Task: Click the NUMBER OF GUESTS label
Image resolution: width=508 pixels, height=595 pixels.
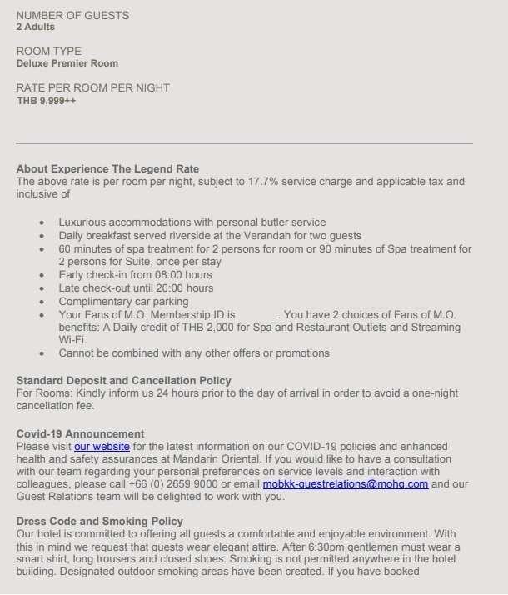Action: click(x=72, y=16)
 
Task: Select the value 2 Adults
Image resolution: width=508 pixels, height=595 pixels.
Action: click(x=36, y=27)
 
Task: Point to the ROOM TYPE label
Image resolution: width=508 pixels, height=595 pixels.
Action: click(x=49, y=52)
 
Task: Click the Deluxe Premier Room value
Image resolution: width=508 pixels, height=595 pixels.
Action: click(x=67, y=63)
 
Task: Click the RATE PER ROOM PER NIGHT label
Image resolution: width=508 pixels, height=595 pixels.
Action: click(x=93, y=88)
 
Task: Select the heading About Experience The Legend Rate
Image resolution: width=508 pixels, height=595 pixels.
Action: click(x=107, y=169)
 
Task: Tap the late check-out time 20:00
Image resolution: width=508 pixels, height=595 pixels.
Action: click(x=159, y=287)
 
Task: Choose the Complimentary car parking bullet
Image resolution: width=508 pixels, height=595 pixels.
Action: click(x=123, y=301)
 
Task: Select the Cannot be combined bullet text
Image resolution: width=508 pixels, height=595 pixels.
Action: click(x=193, y=352)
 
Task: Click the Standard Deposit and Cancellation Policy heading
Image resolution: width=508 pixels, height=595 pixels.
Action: click(x=124, y=381)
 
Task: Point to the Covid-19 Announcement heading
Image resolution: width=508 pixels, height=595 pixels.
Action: click(x=80, y=433)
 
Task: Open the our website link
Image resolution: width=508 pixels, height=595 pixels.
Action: click(x=102, y=446)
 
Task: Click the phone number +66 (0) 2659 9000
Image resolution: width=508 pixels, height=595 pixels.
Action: click(x=194, y=483)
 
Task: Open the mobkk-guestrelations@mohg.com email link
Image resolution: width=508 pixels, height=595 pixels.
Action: click(x=346, y=483)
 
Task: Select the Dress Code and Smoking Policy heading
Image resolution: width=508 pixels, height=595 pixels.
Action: click(x=99, y=521)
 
